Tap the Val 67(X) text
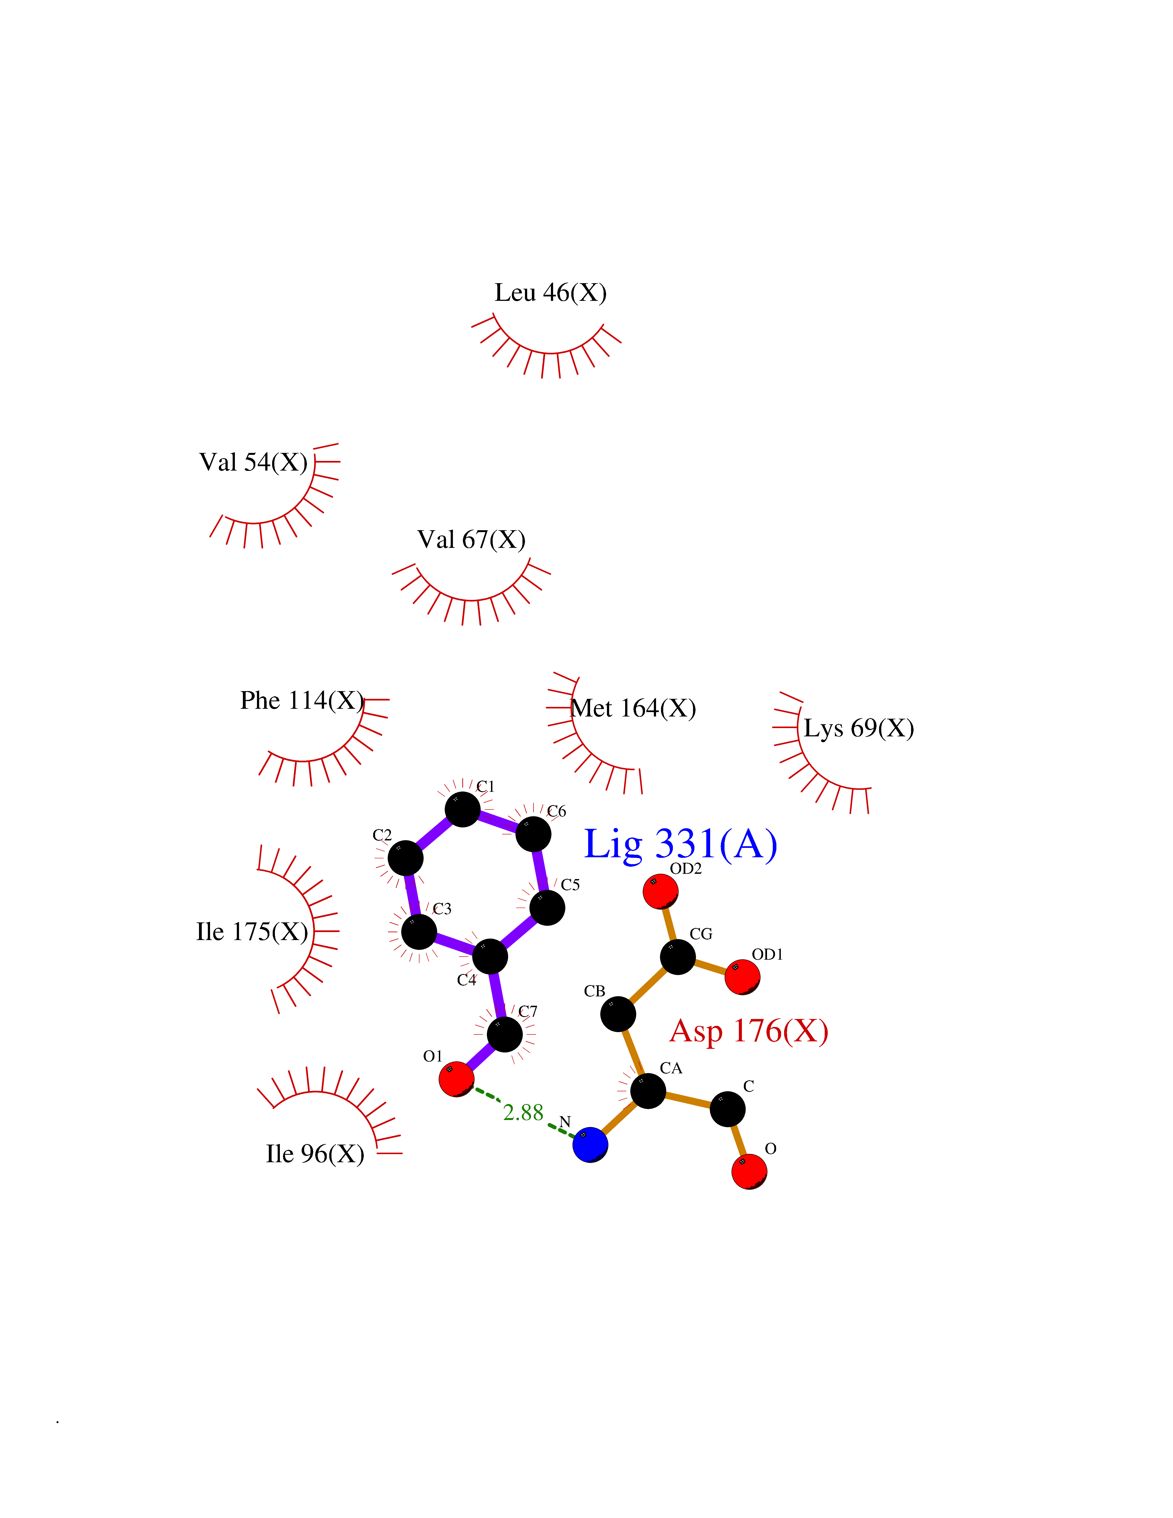(x=471, y=539)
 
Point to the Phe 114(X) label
(x=302, y=700)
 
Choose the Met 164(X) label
(x=633, y=708)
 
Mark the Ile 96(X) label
(x=315, y=1154)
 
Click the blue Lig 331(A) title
(x=680, y=845)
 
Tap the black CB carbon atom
(x=618, y=1014)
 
